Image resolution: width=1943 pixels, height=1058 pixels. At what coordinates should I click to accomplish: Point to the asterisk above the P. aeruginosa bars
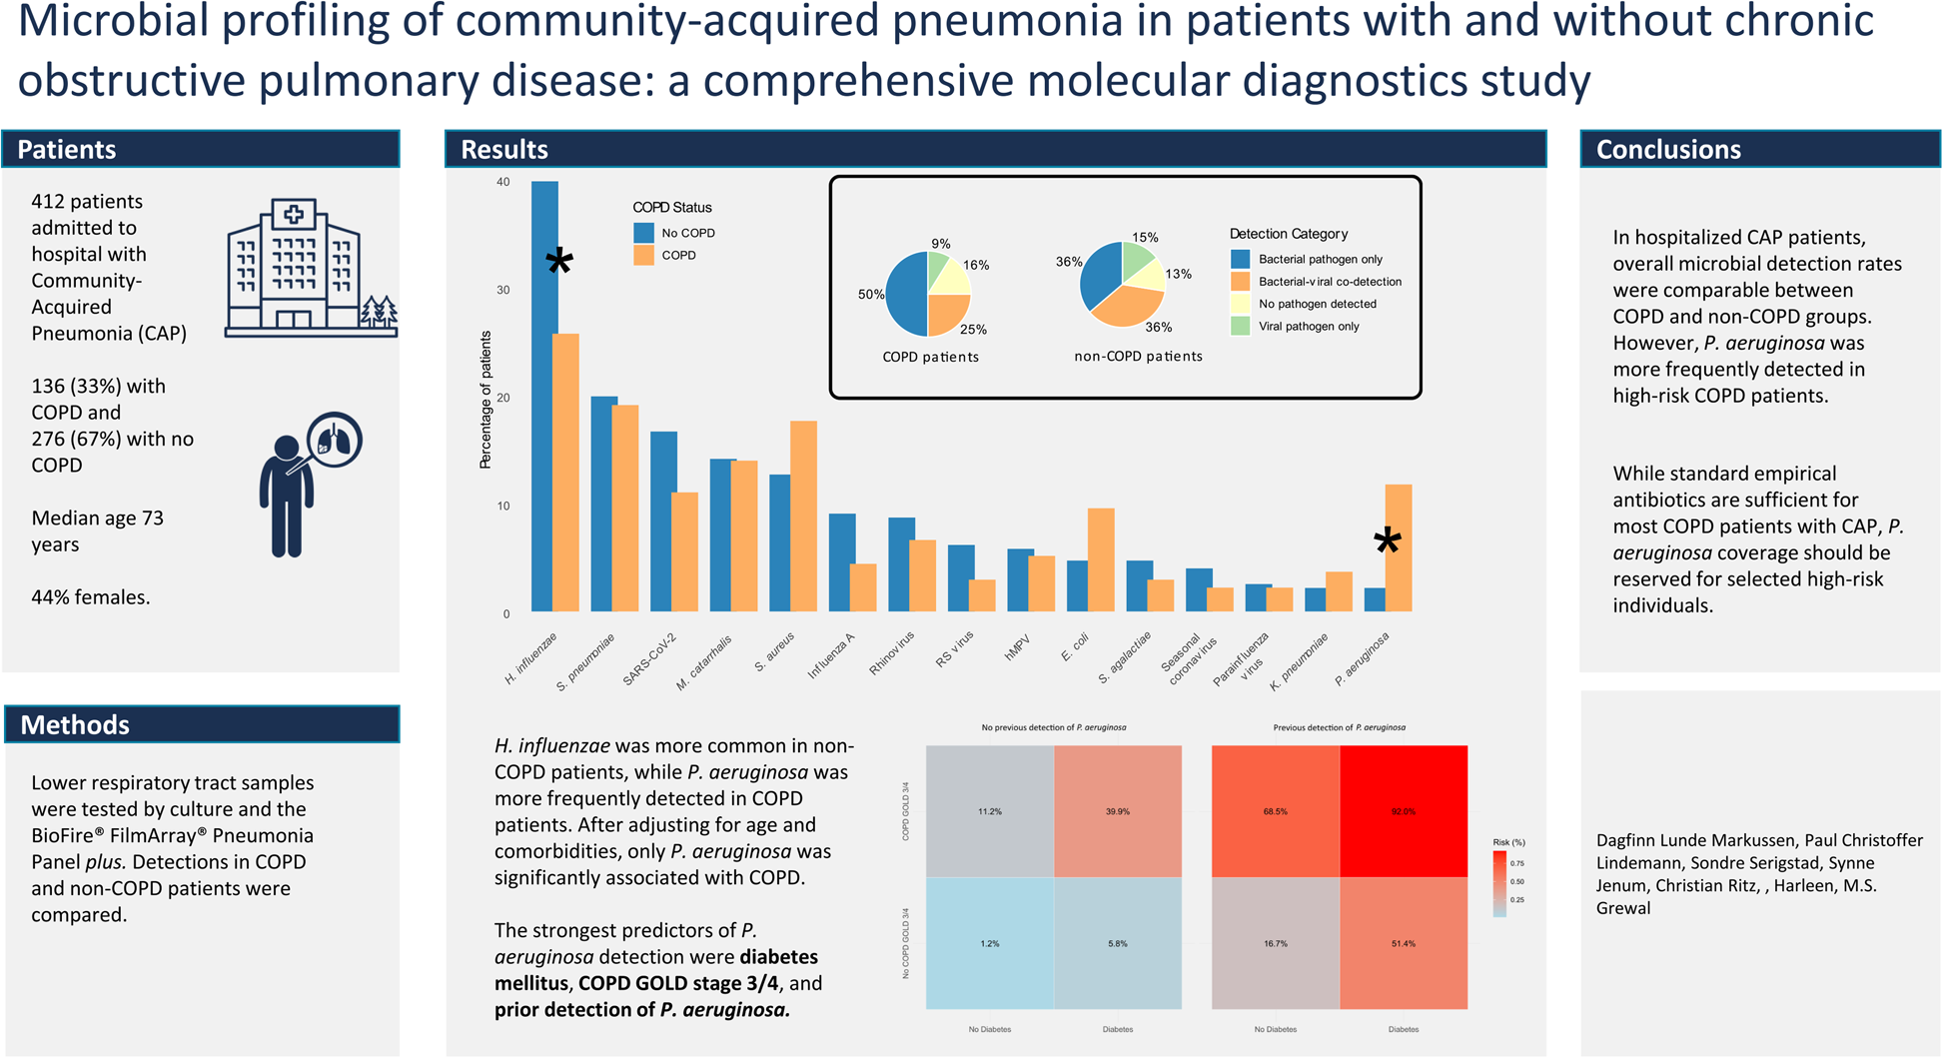1387,542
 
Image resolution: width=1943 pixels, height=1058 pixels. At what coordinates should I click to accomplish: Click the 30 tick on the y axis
502,290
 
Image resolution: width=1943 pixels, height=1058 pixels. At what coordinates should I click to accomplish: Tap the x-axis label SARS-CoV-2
650,658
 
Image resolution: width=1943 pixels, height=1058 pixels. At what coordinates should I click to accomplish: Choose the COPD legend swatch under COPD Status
644,256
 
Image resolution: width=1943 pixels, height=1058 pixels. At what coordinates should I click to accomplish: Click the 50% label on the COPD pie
870,295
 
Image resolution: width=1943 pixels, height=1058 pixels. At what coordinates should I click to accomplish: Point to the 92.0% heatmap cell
1404,811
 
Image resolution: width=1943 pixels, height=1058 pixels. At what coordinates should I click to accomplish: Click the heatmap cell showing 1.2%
990,943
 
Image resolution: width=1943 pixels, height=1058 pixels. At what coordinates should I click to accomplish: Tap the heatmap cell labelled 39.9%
1118,811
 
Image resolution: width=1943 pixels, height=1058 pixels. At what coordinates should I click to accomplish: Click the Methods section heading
75,724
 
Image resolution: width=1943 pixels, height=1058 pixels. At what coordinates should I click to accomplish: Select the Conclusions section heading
1668,149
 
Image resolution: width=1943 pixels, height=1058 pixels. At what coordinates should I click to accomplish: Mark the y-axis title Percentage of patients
486,400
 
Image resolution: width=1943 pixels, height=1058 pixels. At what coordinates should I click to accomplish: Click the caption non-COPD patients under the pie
1138,356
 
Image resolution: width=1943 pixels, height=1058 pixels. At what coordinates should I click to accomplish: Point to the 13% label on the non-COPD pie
1178,274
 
